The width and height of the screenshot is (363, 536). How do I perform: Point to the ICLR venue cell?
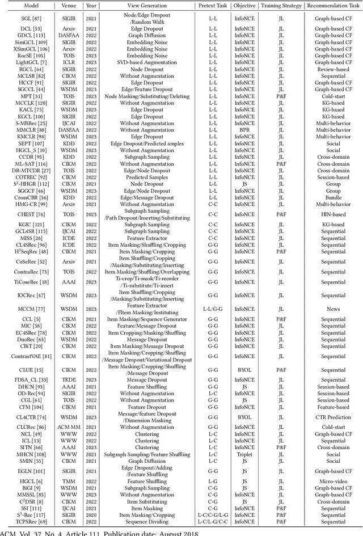(71, 62)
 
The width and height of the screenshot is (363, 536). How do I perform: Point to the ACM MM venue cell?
(71, 427)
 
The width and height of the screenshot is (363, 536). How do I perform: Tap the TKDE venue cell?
(71, 379)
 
